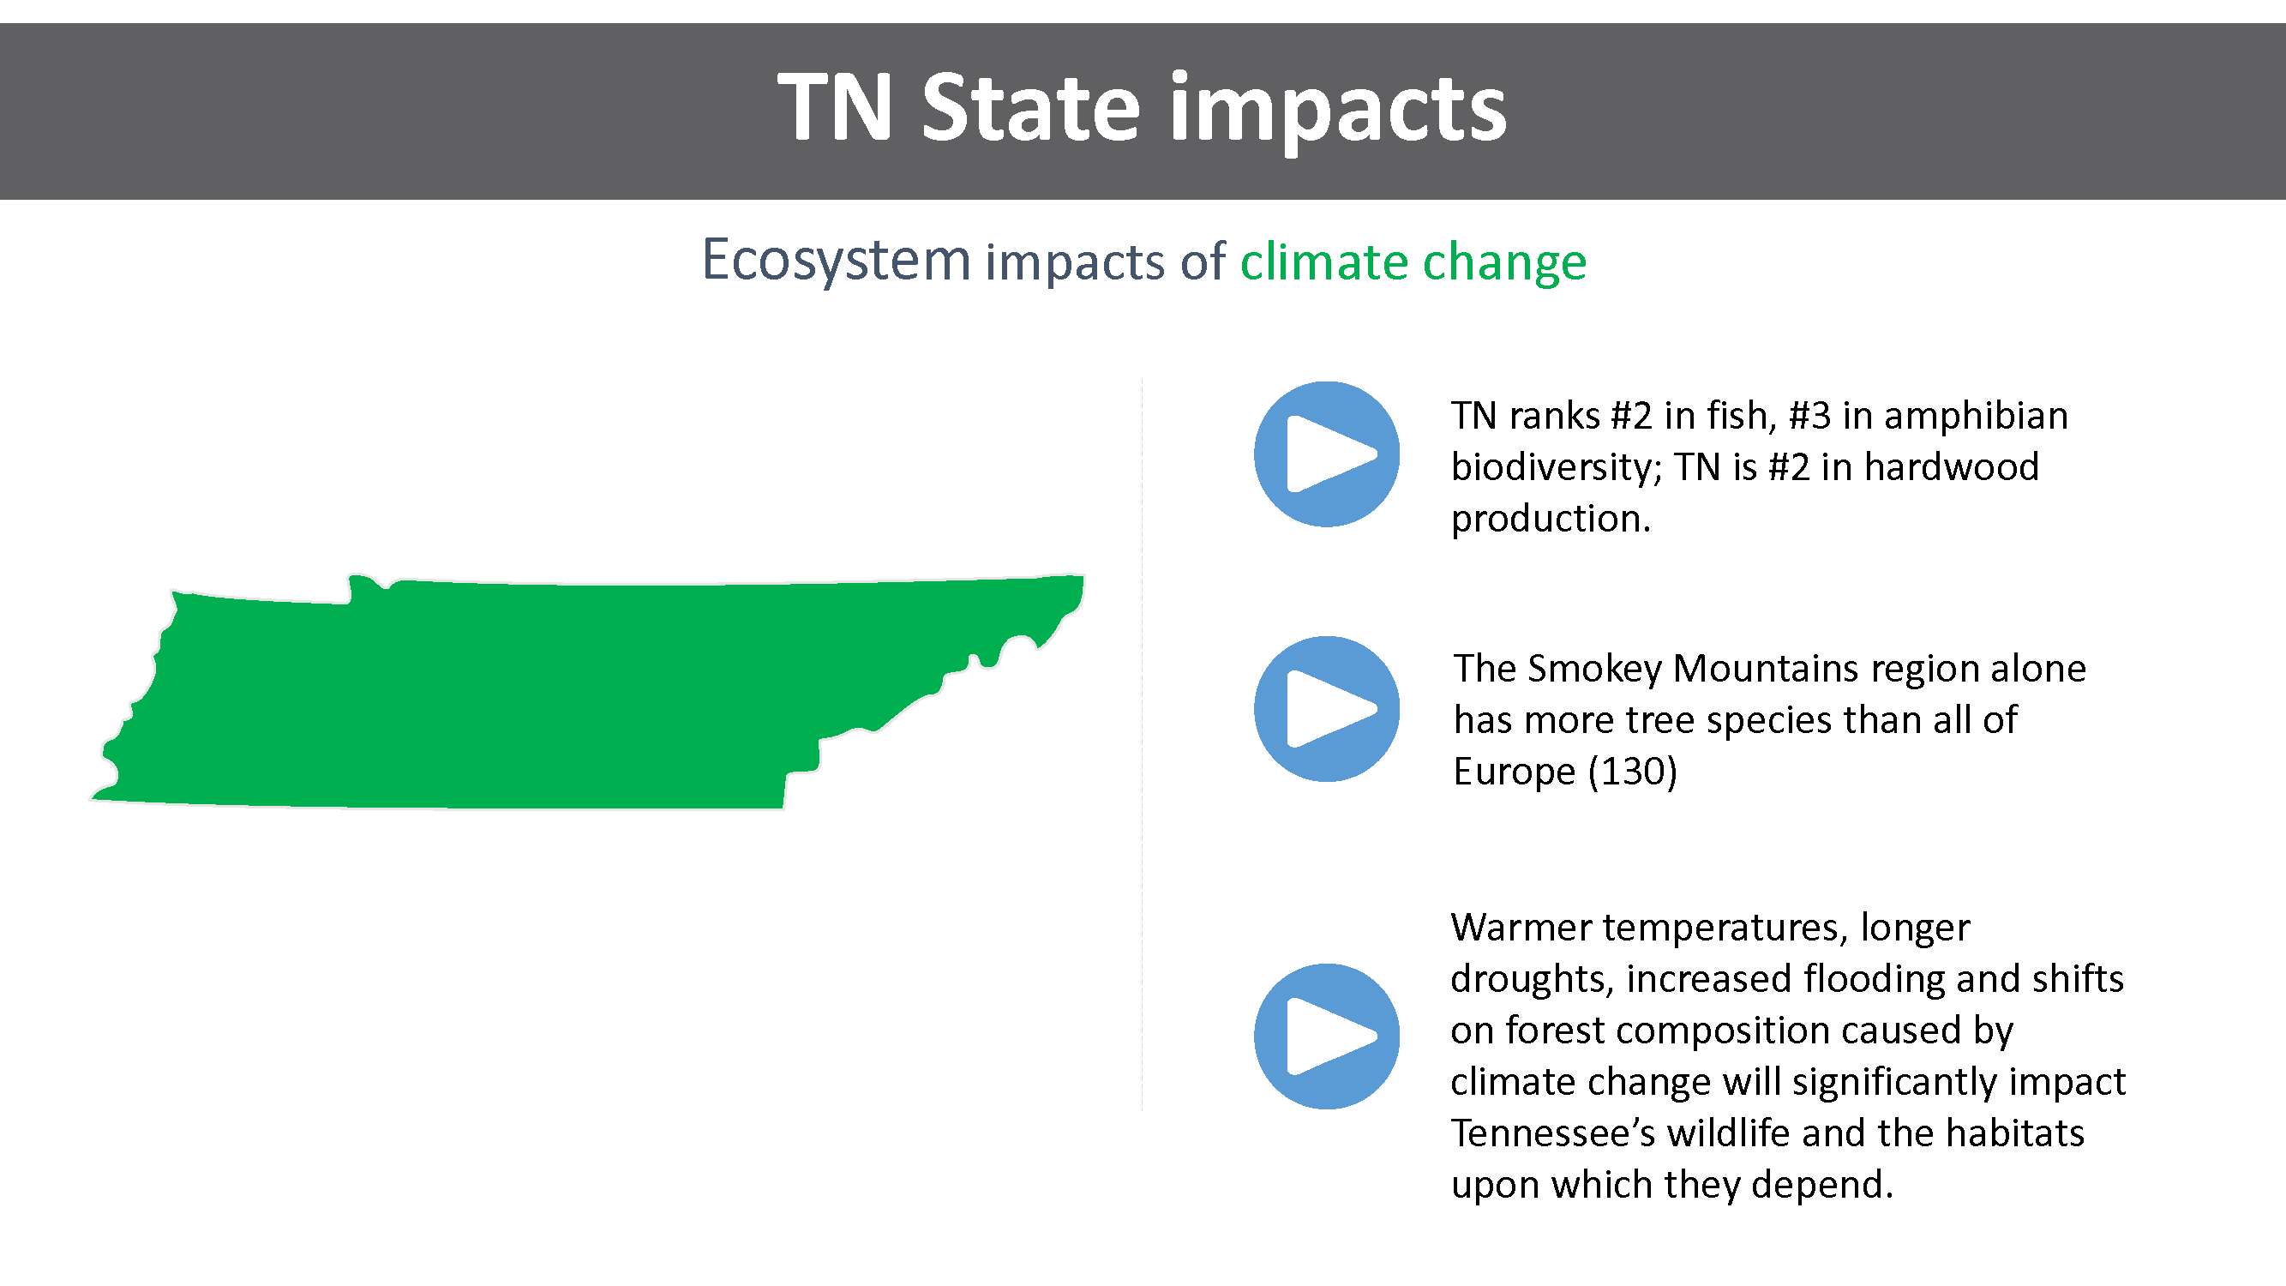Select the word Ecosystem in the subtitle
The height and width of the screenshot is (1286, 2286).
click(x=836, y=261)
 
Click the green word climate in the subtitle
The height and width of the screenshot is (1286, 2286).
click(x=1324, y=261)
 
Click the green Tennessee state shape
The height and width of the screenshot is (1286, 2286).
click(x=532, y=692)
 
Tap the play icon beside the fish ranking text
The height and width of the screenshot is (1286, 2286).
click(x=1327, y=454)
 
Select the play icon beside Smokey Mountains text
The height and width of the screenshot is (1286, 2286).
click(x=1327, y=709)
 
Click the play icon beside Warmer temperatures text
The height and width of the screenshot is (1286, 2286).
click(x=1327, y=1036)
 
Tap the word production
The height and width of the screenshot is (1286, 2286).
click(x=1551, y=519)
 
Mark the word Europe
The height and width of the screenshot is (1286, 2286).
click(x=1514, y=772)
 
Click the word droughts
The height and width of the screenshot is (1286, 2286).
click(x=1532, y=979)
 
